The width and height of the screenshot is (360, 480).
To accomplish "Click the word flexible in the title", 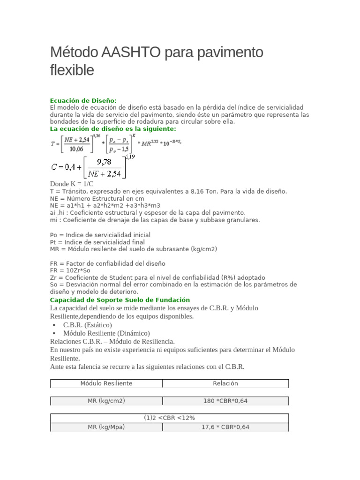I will (x=72, y=70).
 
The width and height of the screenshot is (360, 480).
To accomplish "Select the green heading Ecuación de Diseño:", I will (x=83, y=101).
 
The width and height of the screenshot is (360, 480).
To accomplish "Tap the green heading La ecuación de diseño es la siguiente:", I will (x=113, y=128).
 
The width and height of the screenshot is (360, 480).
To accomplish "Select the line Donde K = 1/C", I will (x=72, y=184).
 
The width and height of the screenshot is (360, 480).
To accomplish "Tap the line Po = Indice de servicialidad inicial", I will (x=100, y=235).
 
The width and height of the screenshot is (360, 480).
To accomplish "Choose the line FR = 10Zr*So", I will (x=70, y=270).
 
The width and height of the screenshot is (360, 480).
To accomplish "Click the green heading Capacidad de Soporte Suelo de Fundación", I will (x=120, y=300).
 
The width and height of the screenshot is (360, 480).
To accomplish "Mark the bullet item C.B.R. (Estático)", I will (x=88, y=325).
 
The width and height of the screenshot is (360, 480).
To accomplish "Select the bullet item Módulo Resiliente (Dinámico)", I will (x=106, y=333).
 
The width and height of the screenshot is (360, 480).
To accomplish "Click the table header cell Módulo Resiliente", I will (x=106, y=383).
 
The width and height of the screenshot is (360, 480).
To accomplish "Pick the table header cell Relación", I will (x=225, y=383).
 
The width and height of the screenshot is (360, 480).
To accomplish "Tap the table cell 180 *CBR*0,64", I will (x=225, y=401).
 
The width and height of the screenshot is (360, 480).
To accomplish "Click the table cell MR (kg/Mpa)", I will (x=106, y=427).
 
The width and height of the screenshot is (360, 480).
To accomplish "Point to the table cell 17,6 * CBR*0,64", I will (x=225, y=427).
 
